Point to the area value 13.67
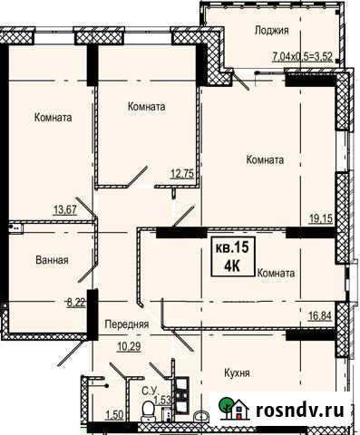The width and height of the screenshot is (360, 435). [64, 210]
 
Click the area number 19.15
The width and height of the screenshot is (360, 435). [322, 217]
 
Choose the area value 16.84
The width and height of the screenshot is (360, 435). [322, 317]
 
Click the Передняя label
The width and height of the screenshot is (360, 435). [126, 324]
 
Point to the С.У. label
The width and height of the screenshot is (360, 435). [150, 391]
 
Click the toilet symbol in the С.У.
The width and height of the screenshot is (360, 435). [148, 412]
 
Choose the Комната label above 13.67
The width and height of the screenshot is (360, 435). [53, 118]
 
